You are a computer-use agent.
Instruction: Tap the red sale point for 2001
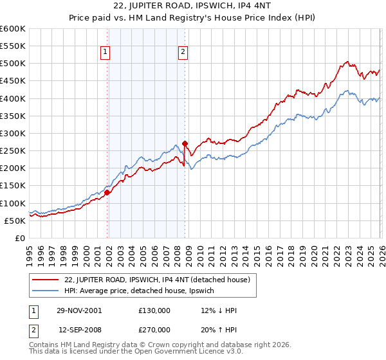point(107,192)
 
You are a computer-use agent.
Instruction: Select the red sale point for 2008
point(185,143)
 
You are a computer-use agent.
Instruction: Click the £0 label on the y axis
point(19,238)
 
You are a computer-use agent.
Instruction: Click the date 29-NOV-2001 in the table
point(79,310)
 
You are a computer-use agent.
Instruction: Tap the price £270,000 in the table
point(154,330)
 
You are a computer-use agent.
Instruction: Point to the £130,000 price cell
point(154,310)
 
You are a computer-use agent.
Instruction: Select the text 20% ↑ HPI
point(219,330)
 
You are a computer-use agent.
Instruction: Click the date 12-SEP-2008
point(79,330)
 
